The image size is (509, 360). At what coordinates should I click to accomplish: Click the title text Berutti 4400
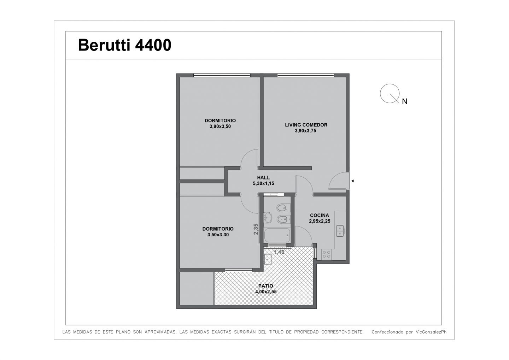(124, 45)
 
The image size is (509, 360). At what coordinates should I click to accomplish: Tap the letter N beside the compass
(404, 101)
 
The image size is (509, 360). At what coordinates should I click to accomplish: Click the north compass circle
(390, 93)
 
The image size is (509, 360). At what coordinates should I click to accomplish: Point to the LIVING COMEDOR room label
(306, 125)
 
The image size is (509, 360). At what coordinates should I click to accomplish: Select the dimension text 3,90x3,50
(220, 126)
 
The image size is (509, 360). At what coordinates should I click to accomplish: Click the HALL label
(263, 178)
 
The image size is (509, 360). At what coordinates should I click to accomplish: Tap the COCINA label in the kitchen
(320, 215)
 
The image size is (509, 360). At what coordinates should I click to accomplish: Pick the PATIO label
(266, 286)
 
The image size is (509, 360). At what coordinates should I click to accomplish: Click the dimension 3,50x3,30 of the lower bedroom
(218, 235)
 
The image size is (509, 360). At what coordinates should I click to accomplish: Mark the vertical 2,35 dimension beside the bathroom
(256, 229)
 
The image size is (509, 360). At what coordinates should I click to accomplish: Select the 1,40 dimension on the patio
(279, 252)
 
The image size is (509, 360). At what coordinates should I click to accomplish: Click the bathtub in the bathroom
(277, 235)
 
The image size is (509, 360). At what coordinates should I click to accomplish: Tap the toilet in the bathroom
(282, 207)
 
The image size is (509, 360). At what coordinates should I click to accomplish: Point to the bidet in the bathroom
(282, 219)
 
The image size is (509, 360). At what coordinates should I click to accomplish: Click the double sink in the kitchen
(340, 231)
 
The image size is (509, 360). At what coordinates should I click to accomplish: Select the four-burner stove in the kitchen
(327, 254)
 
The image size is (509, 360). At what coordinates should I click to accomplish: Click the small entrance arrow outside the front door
(353, 181)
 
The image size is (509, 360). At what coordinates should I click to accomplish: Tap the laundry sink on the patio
(268, 259)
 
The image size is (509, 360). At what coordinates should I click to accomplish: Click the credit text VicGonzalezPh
(431, 332)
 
